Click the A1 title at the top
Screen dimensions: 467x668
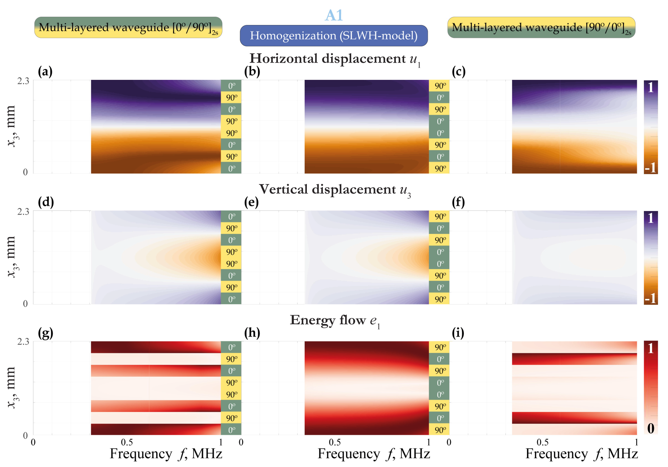334,15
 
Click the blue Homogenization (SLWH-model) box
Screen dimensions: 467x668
334,35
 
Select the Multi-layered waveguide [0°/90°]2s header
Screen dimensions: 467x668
128,27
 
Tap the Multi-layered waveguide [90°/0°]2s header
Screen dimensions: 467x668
541,27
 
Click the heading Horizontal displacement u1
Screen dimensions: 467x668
335,59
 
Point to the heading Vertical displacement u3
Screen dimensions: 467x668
335,190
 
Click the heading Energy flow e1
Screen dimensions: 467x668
335,321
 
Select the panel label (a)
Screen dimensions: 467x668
45,72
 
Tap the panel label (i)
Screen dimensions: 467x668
458,333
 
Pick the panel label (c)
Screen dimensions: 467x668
459,72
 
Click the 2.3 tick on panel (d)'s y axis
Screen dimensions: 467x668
23,211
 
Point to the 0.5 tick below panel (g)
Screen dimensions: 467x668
127,442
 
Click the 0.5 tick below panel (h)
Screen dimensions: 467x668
335,442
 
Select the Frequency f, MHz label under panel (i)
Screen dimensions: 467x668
582,454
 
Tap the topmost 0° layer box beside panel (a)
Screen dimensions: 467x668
231,86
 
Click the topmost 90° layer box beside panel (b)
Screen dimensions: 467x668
439,86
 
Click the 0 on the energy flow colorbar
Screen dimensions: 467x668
651,428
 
